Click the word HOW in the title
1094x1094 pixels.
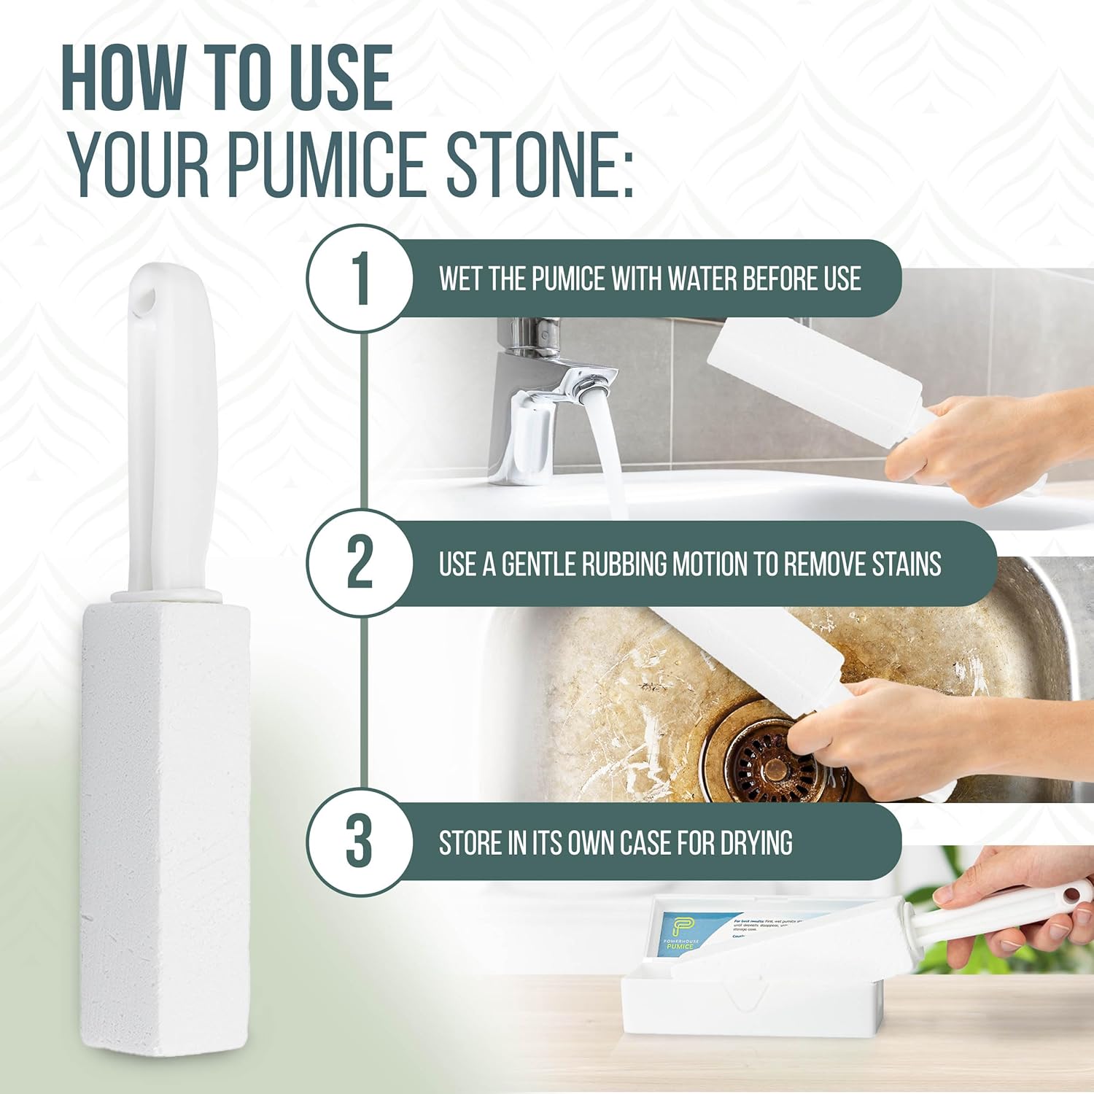pyautogui.click(x=124, y=78)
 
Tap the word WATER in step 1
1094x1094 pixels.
pyautogui.click(x=702, y=279)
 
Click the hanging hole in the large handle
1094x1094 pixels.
pyautogui.click(x=148, y=298)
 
